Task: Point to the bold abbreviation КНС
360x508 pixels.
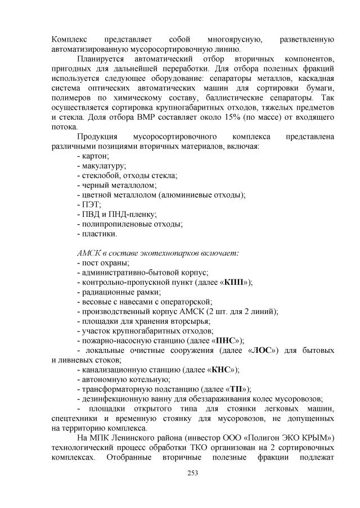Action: [219, 369]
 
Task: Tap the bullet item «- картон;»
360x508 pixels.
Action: [93, 156]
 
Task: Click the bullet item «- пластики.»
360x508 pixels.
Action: [97, 233]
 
